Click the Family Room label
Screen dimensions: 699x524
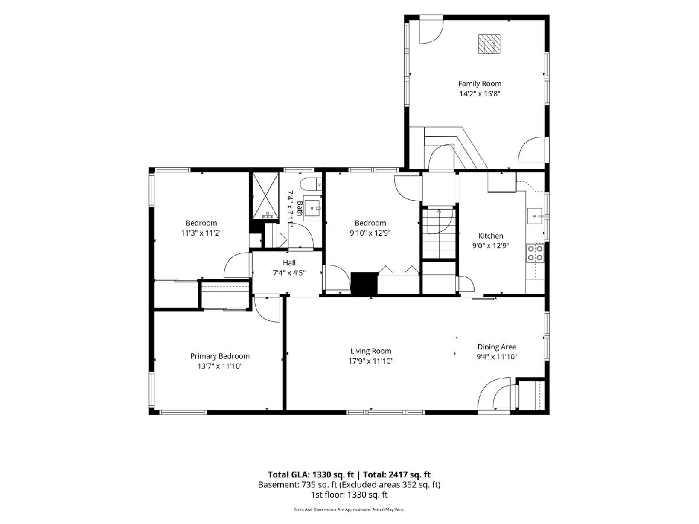click(479, 84)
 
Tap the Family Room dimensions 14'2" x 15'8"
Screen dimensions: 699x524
click(480, 94)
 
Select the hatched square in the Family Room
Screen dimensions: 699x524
click(489, 44)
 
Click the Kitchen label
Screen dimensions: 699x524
click(490, 236)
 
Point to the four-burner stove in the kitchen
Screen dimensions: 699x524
click(535, 253)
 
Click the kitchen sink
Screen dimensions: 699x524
click(535, 215)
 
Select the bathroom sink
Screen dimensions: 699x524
click(312, 208)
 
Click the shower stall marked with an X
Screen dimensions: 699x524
click(266, 196)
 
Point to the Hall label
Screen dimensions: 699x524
click(289, 263)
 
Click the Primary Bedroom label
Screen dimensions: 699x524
click(220, 356)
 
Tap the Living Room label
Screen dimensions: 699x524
click(370, 351)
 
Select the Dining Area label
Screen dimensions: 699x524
click(496, 347)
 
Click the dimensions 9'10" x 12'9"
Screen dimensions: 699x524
click(370, 233)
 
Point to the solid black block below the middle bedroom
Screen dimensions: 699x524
click(364, 283)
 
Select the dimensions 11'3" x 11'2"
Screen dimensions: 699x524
click(201, 233)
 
